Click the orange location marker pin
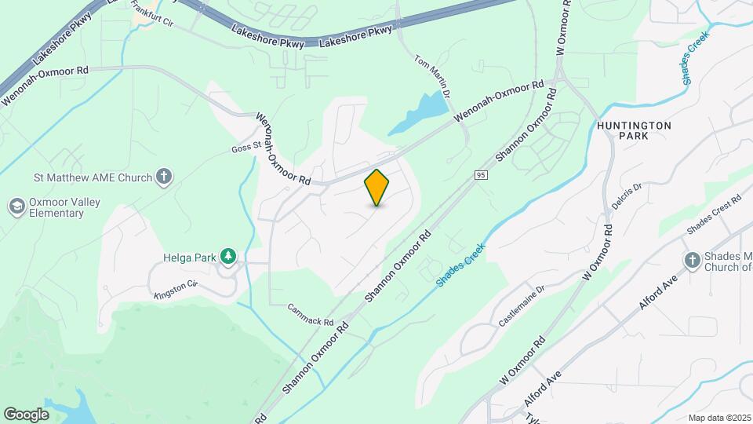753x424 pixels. (377, 188)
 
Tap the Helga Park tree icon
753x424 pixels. (228, 255)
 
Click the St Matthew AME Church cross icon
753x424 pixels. (164, 177)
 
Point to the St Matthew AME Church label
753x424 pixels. (93, 177)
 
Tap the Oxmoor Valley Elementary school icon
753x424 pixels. (16, 207)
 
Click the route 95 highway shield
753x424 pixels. (481, 174)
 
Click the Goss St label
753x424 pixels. (245, 147)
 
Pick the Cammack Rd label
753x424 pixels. (311, 315)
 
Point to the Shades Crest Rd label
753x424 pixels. (714, 214)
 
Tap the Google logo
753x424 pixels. (26, 414)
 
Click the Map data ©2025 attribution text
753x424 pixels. (719, 418)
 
